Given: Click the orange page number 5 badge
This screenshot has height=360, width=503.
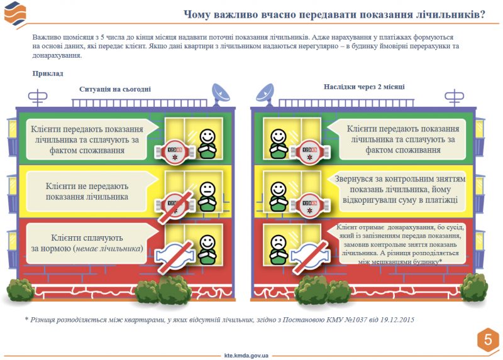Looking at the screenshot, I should [487, 339].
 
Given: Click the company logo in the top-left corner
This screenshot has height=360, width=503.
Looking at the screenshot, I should [15, 13].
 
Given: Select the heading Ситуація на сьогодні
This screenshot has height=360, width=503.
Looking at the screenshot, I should [115, 89].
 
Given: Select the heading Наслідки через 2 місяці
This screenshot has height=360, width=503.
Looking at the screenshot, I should [364, 87].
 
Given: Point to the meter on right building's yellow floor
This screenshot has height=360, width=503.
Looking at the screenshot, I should [309, 203].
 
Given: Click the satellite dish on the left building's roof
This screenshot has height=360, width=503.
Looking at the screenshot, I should [221, 92].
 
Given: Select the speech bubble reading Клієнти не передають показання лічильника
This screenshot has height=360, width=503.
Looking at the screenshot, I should [88, 191].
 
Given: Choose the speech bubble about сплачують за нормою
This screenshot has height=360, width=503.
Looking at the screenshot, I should [88, 243].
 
